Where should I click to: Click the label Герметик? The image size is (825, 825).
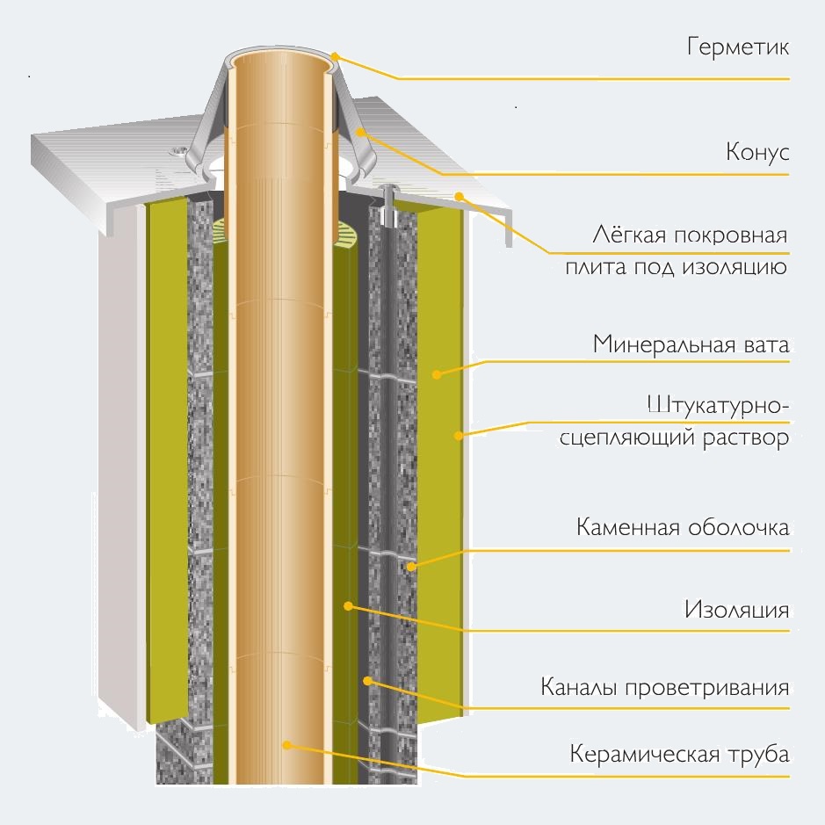pos(738,47)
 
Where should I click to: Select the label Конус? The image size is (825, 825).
pos(757,152)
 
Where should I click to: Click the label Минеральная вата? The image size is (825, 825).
pos(691,343)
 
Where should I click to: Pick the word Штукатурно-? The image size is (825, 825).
pos(717,406)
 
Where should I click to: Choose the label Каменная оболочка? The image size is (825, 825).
pos(683,528)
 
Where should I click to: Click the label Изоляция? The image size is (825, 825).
pos(736,610)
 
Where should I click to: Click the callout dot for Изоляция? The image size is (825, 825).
pos(349,605)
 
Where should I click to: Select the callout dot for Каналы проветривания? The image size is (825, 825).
pos(368,680)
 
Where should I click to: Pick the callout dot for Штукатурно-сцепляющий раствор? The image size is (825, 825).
pos(458,434)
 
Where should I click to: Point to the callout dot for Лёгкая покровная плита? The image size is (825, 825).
pos(459,196)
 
